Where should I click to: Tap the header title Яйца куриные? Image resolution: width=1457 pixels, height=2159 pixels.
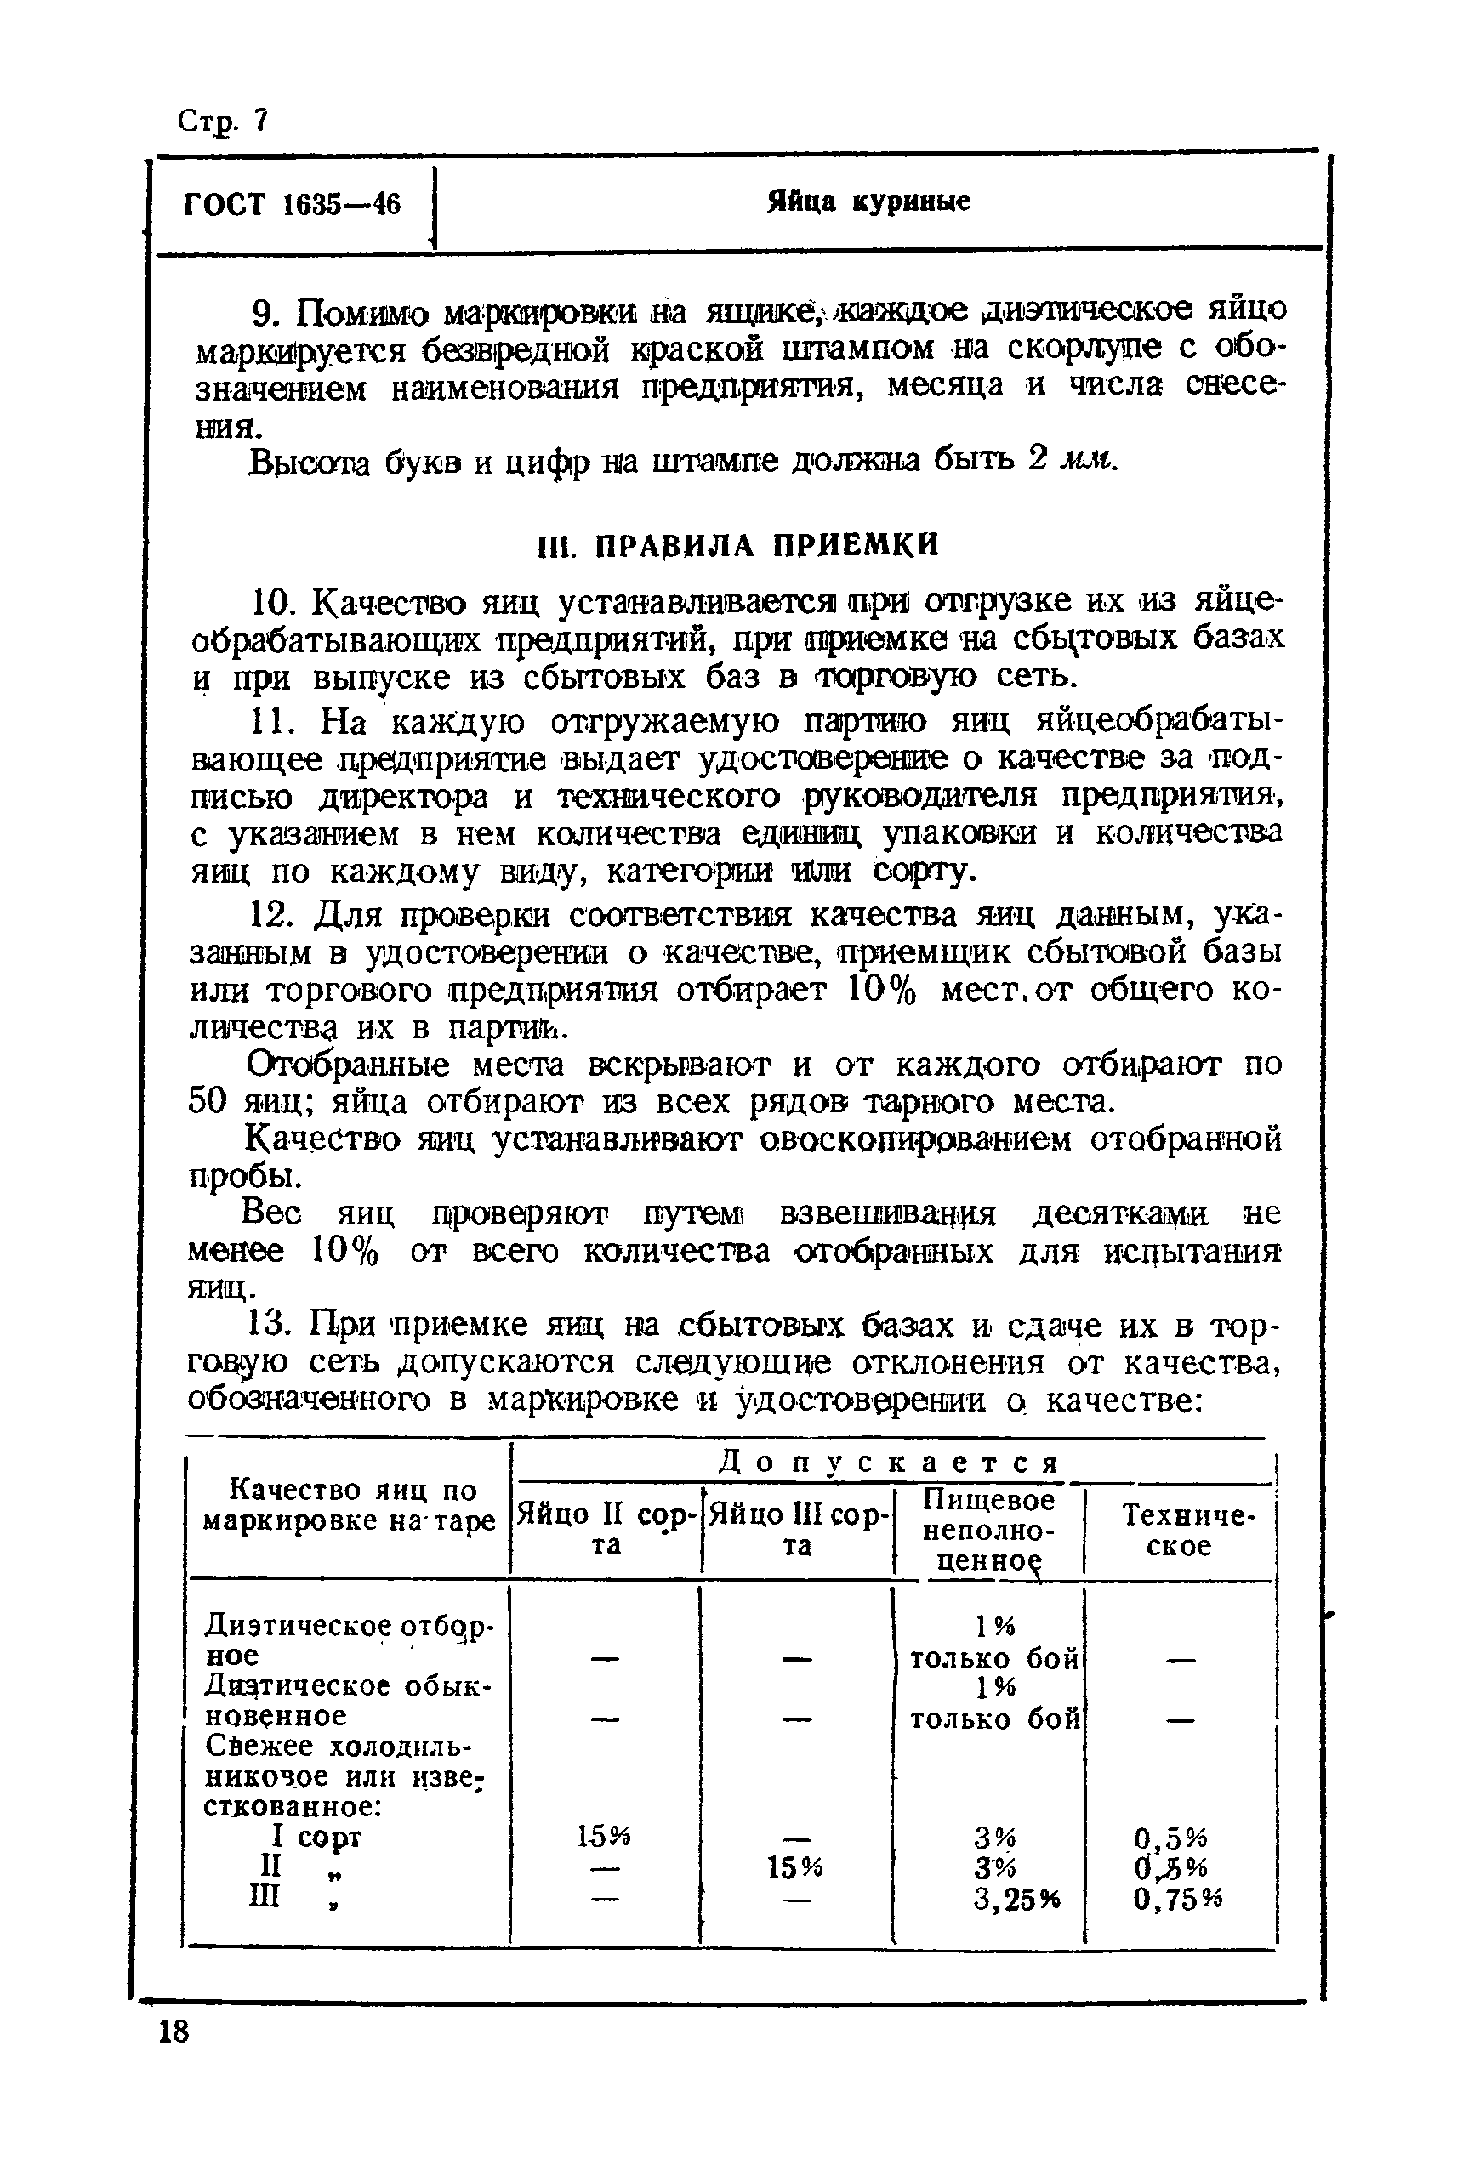click(868, 202)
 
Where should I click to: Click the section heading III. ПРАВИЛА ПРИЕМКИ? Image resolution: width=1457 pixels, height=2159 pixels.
click(739, 545)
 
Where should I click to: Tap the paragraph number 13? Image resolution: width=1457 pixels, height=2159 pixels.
click(273, 1324)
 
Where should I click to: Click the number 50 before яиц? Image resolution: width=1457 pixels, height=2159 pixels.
click(208, 1102)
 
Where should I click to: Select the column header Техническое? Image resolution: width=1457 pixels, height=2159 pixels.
click(1179, 1530)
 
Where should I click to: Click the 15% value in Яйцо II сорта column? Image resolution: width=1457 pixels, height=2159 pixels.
click(603, 1836)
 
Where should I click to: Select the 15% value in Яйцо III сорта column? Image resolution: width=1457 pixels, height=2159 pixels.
click(794, 1867)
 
